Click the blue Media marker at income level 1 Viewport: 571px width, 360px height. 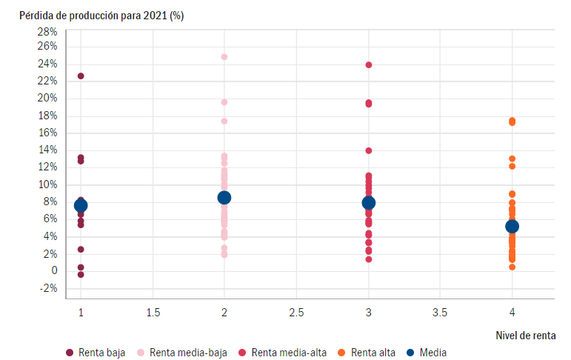pos(81,205)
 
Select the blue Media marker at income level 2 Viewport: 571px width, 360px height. pos(224,197)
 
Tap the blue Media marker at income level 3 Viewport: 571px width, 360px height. pos(369,202)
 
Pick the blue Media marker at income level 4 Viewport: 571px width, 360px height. pos(512,226)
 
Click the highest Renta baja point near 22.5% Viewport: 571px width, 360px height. pos(81,76)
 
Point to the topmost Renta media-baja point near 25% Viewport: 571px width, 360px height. pos(224,57)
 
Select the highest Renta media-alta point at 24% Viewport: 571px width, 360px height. pos(369,65)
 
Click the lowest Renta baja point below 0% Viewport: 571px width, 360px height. pos(81,275)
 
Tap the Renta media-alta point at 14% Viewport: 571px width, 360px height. pos(369,150)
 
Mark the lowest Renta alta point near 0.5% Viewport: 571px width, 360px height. pos(512,267)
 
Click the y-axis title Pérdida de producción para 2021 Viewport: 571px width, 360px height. pos(101,16)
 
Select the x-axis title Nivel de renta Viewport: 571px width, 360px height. pos(526,336)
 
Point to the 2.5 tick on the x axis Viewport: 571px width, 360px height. pos(296,313)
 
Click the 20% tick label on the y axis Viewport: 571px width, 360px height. pos(47,99)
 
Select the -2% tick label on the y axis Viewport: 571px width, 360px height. pos(47,288)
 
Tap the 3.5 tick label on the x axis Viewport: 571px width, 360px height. pos(440,313)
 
